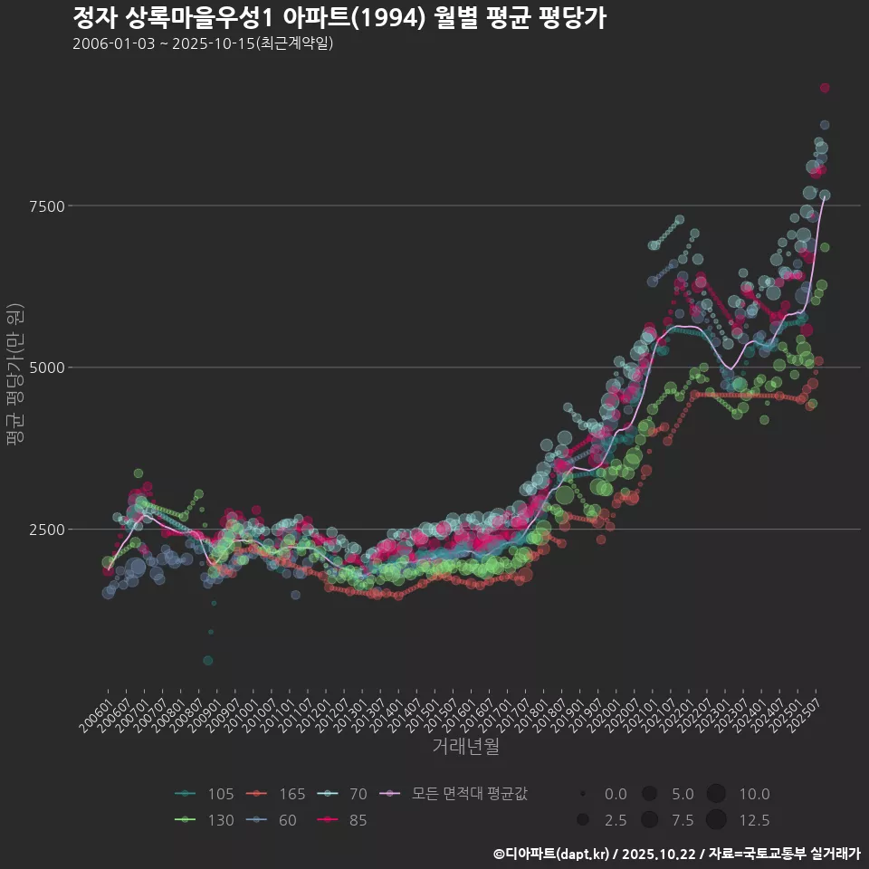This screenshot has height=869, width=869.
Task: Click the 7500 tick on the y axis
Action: point(45,206)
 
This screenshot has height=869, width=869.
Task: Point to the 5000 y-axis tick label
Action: point(45,368)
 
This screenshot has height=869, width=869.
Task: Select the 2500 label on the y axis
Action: point(45,529)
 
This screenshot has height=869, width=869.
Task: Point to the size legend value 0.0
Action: point(615,794)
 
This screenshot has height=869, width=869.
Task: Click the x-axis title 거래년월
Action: point(465,747)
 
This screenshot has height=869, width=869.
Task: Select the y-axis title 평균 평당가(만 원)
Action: point(14,373)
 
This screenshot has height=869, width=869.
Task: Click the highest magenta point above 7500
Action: point(825,88)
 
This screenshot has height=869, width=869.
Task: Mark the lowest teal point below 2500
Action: point(208,661)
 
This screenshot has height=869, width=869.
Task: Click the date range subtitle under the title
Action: point(203,43)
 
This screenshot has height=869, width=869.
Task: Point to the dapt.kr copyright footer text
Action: point(676,853)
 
